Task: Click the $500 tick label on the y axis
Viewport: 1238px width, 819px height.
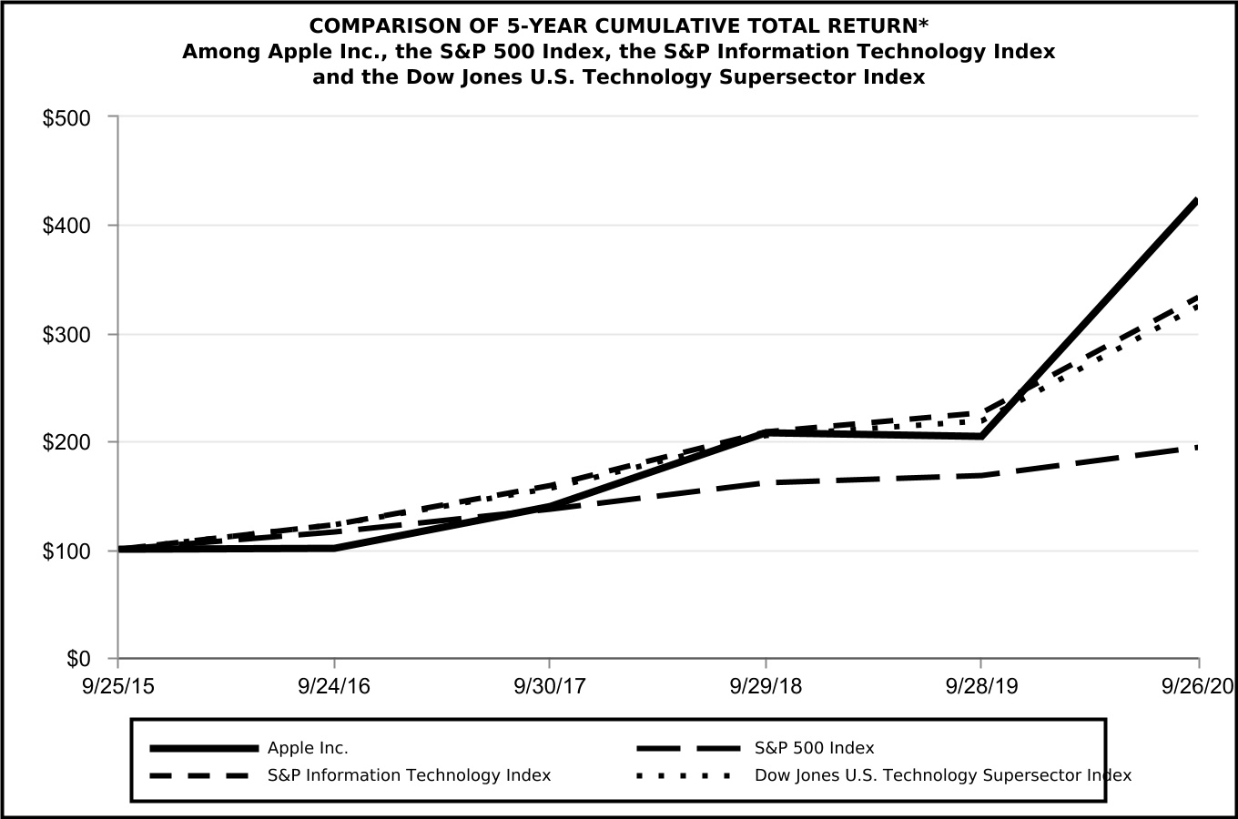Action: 66,118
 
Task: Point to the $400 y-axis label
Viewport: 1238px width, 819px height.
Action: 66,226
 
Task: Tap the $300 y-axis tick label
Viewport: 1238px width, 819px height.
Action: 66,335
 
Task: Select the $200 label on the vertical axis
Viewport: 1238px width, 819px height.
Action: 66,443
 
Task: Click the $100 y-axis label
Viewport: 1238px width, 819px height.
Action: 66,551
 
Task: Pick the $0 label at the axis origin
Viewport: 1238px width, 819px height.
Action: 78,658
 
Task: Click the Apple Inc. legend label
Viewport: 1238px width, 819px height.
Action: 308,748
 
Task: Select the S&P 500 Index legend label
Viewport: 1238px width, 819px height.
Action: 814,748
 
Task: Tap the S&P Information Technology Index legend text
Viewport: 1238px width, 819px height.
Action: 409,775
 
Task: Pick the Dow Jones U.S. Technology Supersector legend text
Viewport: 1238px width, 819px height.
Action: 943,775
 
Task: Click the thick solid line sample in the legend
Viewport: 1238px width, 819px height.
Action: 203,748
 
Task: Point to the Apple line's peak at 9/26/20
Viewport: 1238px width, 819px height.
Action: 1196,202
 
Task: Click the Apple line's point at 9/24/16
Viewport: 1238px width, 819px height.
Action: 334,548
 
